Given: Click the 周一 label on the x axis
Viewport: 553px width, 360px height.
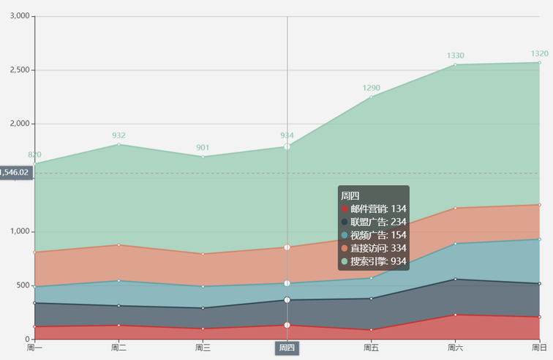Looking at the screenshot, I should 34,348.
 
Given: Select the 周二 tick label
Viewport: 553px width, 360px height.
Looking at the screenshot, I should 118,348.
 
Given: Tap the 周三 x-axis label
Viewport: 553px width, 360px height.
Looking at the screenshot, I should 203,348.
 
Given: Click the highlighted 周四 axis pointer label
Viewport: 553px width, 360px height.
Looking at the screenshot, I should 287,348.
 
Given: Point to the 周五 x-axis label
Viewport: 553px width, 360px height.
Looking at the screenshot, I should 371,348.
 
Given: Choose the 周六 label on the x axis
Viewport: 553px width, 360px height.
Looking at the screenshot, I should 455,348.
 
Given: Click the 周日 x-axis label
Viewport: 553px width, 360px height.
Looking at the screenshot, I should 539,348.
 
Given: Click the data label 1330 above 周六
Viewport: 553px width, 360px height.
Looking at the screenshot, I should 455,56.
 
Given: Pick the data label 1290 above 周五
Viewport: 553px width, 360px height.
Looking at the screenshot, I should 371,88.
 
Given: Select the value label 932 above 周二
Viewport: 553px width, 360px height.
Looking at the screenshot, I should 118,135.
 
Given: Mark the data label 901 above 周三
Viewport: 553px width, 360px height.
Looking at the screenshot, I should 203,148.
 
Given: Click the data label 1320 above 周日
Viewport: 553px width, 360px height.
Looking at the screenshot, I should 539,53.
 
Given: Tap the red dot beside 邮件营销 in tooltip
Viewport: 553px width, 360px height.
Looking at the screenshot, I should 345,209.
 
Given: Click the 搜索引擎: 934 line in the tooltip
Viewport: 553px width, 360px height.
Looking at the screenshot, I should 377,261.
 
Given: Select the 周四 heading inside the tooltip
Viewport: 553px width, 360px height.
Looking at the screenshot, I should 350,195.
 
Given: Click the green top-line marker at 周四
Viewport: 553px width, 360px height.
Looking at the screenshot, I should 287,146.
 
